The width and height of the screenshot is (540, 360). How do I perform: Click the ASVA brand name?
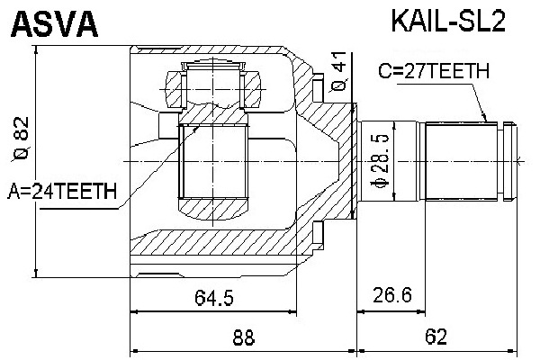[x=55, y=23]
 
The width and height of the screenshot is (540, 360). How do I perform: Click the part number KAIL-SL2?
[x=447, y=22]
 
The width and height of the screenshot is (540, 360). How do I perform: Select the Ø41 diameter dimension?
[x=339, y=72]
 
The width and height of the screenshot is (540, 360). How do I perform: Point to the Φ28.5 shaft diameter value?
[x=380, y=161]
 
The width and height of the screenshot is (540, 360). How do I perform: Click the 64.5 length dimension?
[x=214, y=297]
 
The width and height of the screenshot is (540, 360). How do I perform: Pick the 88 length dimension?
[x=244, y=337]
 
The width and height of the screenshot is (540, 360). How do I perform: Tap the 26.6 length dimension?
[x=391, y=295]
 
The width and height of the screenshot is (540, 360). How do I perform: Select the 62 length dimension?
[x=436, y=337]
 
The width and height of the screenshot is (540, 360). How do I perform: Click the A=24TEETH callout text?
[x=62, y=191]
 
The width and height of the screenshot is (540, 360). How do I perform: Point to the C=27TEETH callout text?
[x=434, y=71]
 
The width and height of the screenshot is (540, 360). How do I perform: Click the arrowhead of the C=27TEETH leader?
[x=485, y=119]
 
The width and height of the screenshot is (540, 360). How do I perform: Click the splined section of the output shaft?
[x=461, y=161]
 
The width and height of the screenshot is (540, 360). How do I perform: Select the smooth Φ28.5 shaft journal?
[x=390, y=161]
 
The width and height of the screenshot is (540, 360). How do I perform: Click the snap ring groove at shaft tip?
[x=500, y=161]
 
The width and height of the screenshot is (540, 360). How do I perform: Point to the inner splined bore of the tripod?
[x=213, y=161]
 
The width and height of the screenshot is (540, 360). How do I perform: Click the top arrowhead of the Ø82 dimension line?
[x=36, y=49]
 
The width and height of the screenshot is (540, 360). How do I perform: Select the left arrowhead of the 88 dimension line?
[x=134, y=351]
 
